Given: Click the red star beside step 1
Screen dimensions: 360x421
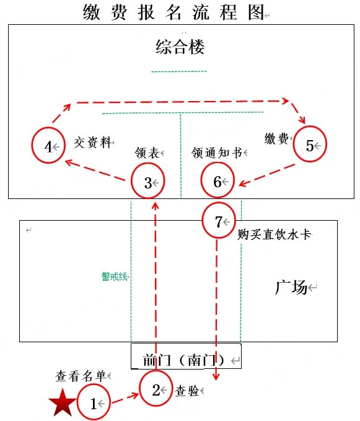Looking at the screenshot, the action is [x=62, y=403].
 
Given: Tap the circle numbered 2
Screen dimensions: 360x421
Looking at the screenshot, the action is [x=140, y=389].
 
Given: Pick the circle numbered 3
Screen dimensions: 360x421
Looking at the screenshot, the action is [x=132, y=180].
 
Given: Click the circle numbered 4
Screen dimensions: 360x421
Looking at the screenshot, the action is [x=32, y=145].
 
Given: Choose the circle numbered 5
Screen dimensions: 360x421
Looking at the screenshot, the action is [x=294, y=144].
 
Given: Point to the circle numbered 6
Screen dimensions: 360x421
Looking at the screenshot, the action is [x=202, y=180].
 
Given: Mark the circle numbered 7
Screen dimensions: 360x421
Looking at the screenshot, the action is [x=203, y=220].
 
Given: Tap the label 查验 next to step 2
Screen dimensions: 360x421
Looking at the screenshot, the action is [x=187, y=391].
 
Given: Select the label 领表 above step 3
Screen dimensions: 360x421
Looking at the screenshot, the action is [x=147, y=153].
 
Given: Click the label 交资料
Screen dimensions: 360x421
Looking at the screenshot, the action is [x=92, y=143].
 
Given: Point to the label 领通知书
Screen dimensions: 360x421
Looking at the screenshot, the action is [x=217, y=153].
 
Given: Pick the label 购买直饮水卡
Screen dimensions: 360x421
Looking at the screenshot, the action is [x=274, y=234].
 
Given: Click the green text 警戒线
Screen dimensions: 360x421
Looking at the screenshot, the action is [x=114, y=277].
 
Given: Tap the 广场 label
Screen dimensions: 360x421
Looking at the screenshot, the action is [x=291, y=287].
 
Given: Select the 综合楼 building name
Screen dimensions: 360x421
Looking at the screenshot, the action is [x=180, y=47].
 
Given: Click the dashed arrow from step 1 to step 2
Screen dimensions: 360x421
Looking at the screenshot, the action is [x=125, y=398].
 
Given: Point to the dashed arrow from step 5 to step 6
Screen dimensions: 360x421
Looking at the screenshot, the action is [x=266, y=175].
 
